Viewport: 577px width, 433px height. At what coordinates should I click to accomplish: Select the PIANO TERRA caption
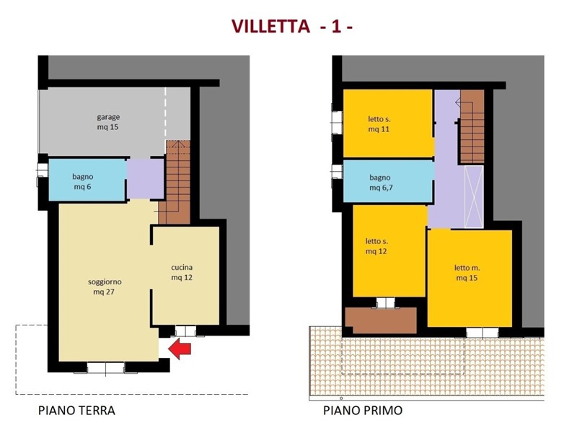[76, 411]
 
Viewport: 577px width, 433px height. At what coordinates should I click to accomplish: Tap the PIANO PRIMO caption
[363, 411]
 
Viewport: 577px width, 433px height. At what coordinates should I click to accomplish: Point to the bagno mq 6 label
[84, 181]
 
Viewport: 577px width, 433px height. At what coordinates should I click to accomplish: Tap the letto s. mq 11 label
[379, 123]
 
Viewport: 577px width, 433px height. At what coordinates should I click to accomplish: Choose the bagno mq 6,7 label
[380, 182]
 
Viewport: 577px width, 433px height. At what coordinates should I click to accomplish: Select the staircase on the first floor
[472, 126]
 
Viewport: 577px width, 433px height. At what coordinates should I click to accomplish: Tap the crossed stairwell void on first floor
[474, 196]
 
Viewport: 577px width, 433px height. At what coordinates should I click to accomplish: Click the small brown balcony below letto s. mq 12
[380, 320]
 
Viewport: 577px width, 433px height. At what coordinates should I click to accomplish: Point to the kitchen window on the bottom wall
[185, 331]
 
